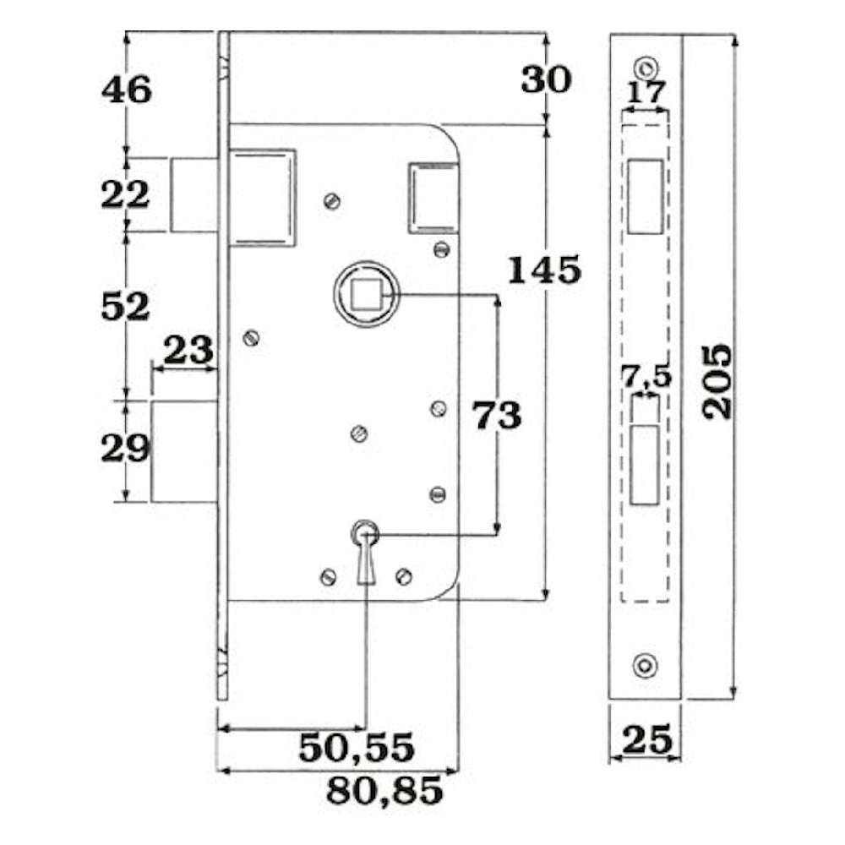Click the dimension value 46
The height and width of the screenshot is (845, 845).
click(x=127, y=90)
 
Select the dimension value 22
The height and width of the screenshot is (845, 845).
click(x=125, y=194)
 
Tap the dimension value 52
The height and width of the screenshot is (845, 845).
click(x=125, y=307)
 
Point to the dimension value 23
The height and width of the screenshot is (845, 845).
click(x=188, y=351)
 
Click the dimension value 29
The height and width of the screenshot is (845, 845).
click(x=125, y=448)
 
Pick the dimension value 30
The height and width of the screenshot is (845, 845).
click(x=546, y=79)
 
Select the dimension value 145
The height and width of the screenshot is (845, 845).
click(x=545, y=270)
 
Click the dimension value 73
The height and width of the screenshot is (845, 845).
click(x=497, y=416)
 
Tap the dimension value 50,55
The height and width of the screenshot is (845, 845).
click(x=357, y=748)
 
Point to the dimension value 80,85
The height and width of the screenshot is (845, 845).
click(x=384, y=791)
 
